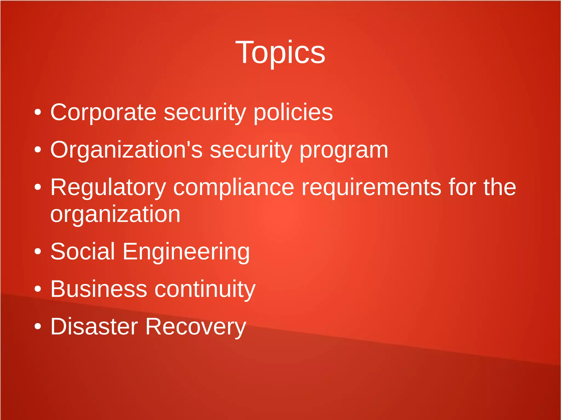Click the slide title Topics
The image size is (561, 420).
(280, 52)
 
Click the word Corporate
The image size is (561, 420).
(103, 112)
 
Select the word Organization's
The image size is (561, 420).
(126, 150)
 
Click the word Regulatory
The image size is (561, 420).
(108, 187)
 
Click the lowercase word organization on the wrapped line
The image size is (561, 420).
(115, 214)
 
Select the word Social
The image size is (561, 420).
(82, 251)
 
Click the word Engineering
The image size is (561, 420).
(186, 252)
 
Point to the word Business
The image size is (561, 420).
(99, 289)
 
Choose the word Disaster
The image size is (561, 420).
(94, 326)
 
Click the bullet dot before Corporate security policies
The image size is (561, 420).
(38, 112)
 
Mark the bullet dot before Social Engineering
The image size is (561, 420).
(38, 251)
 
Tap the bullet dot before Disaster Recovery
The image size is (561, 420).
(38, 326)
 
